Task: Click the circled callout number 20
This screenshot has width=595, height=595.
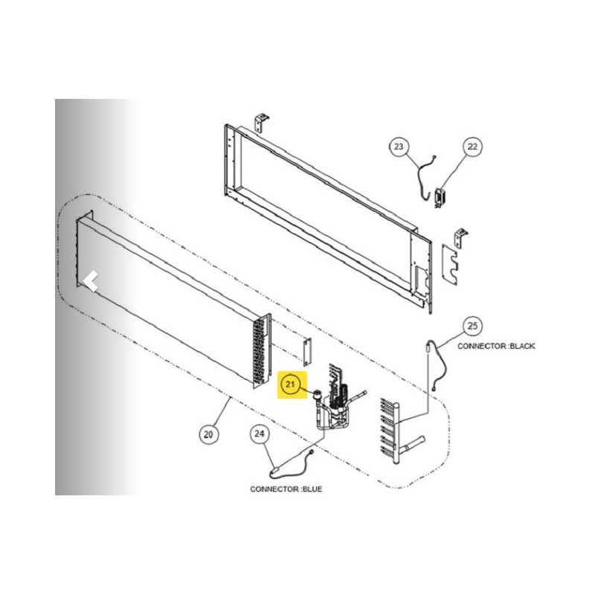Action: (209, 434)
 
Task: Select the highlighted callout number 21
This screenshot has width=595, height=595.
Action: (290, 385)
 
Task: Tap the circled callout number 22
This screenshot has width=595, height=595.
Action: (472, 147)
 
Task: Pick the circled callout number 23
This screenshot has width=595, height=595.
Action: (399, 147)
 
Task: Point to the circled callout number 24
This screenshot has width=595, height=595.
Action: (259, 434)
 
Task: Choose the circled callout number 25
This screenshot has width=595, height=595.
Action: (472, 326)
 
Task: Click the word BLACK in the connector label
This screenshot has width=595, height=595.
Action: (522, 346)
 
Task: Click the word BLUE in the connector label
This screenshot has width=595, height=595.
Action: (312, 489)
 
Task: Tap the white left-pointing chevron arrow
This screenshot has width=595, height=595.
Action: (91, 282)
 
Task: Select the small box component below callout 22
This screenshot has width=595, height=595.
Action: (440, 198)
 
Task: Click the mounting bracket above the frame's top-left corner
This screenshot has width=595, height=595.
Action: (261, 122)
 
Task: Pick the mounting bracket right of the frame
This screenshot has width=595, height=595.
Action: (460, 238)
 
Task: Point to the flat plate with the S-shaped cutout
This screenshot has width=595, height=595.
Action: (450, 265)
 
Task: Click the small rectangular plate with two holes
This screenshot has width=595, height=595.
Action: (307, 352)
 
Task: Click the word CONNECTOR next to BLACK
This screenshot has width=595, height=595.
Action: (482, 346)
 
